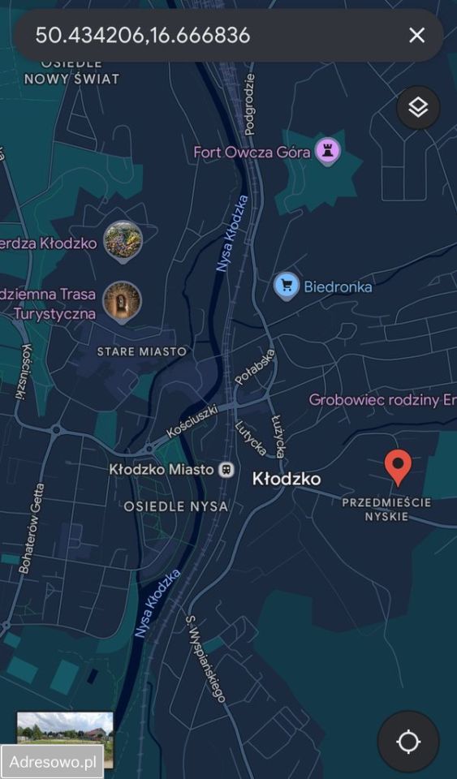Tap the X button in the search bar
click(416, 35)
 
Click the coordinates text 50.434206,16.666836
click(142, 35)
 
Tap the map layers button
click(418, 107)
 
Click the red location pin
click(397, 467)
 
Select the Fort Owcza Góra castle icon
click(327, 151)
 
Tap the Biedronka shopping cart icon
click(286, 286)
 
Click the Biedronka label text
click(338, 286)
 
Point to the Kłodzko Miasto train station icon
click(227, 469)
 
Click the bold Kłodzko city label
click(287, 479)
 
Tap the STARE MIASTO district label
click(141, 351)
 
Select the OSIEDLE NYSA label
click(175, 506)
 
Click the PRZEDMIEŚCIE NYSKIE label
click(386, 509)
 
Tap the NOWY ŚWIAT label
click(71, 79)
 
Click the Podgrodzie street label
click(249, 104)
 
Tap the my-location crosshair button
click(408, 742)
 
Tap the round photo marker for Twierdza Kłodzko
click(123, 241)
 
